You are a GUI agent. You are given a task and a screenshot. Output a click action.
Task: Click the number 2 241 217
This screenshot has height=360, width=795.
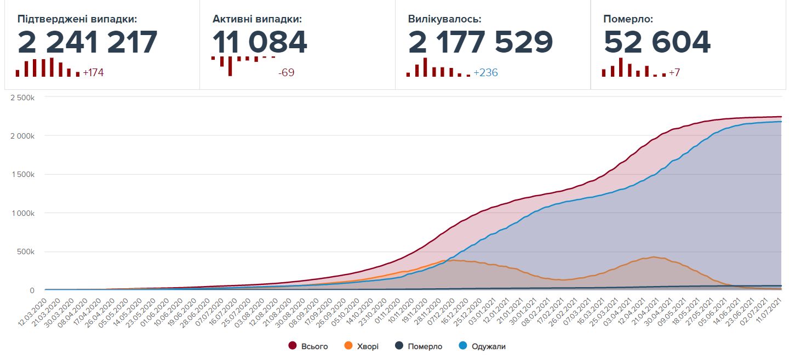pos(88,42)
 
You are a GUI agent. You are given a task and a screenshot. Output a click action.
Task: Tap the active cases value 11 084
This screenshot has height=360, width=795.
pos(260,42)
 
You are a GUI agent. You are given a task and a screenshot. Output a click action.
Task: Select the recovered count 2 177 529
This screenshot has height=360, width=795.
pos(481,42)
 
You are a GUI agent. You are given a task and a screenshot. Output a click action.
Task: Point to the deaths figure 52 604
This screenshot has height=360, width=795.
pos(657,42)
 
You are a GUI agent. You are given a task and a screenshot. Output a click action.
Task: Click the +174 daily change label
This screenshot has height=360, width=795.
pos(93,72)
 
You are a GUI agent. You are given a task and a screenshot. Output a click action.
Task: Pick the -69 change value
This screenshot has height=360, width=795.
pos(286,72)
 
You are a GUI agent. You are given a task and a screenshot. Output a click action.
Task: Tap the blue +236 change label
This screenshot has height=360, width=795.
pos(485,72)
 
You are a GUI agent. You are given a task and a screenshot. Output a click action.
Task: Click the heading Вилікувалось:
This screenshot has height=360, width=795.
pos(444,19)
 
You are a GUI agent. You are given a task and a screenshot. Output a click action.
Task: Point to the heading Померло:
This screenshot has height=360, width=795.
pos(628,19)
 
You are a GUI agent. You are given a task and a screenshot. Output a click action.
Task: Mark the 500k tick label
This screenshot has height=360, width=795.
pos(26,252)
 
